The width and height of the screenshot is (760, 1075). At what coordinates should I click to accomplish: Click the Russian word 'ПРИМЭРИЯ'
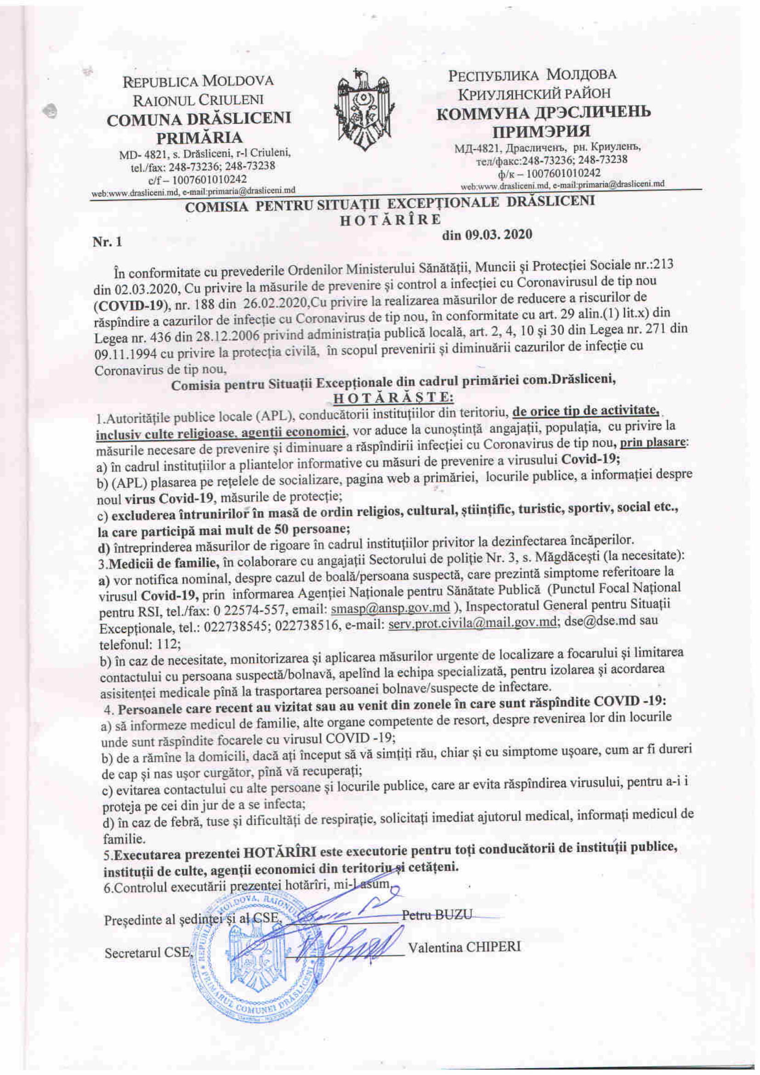pyautogui.click(x=542, y=131)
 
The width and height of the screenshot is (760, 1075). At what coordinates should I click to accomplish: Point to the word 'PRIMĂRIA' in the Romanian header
pyautogui.click(x=199, y=138)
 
